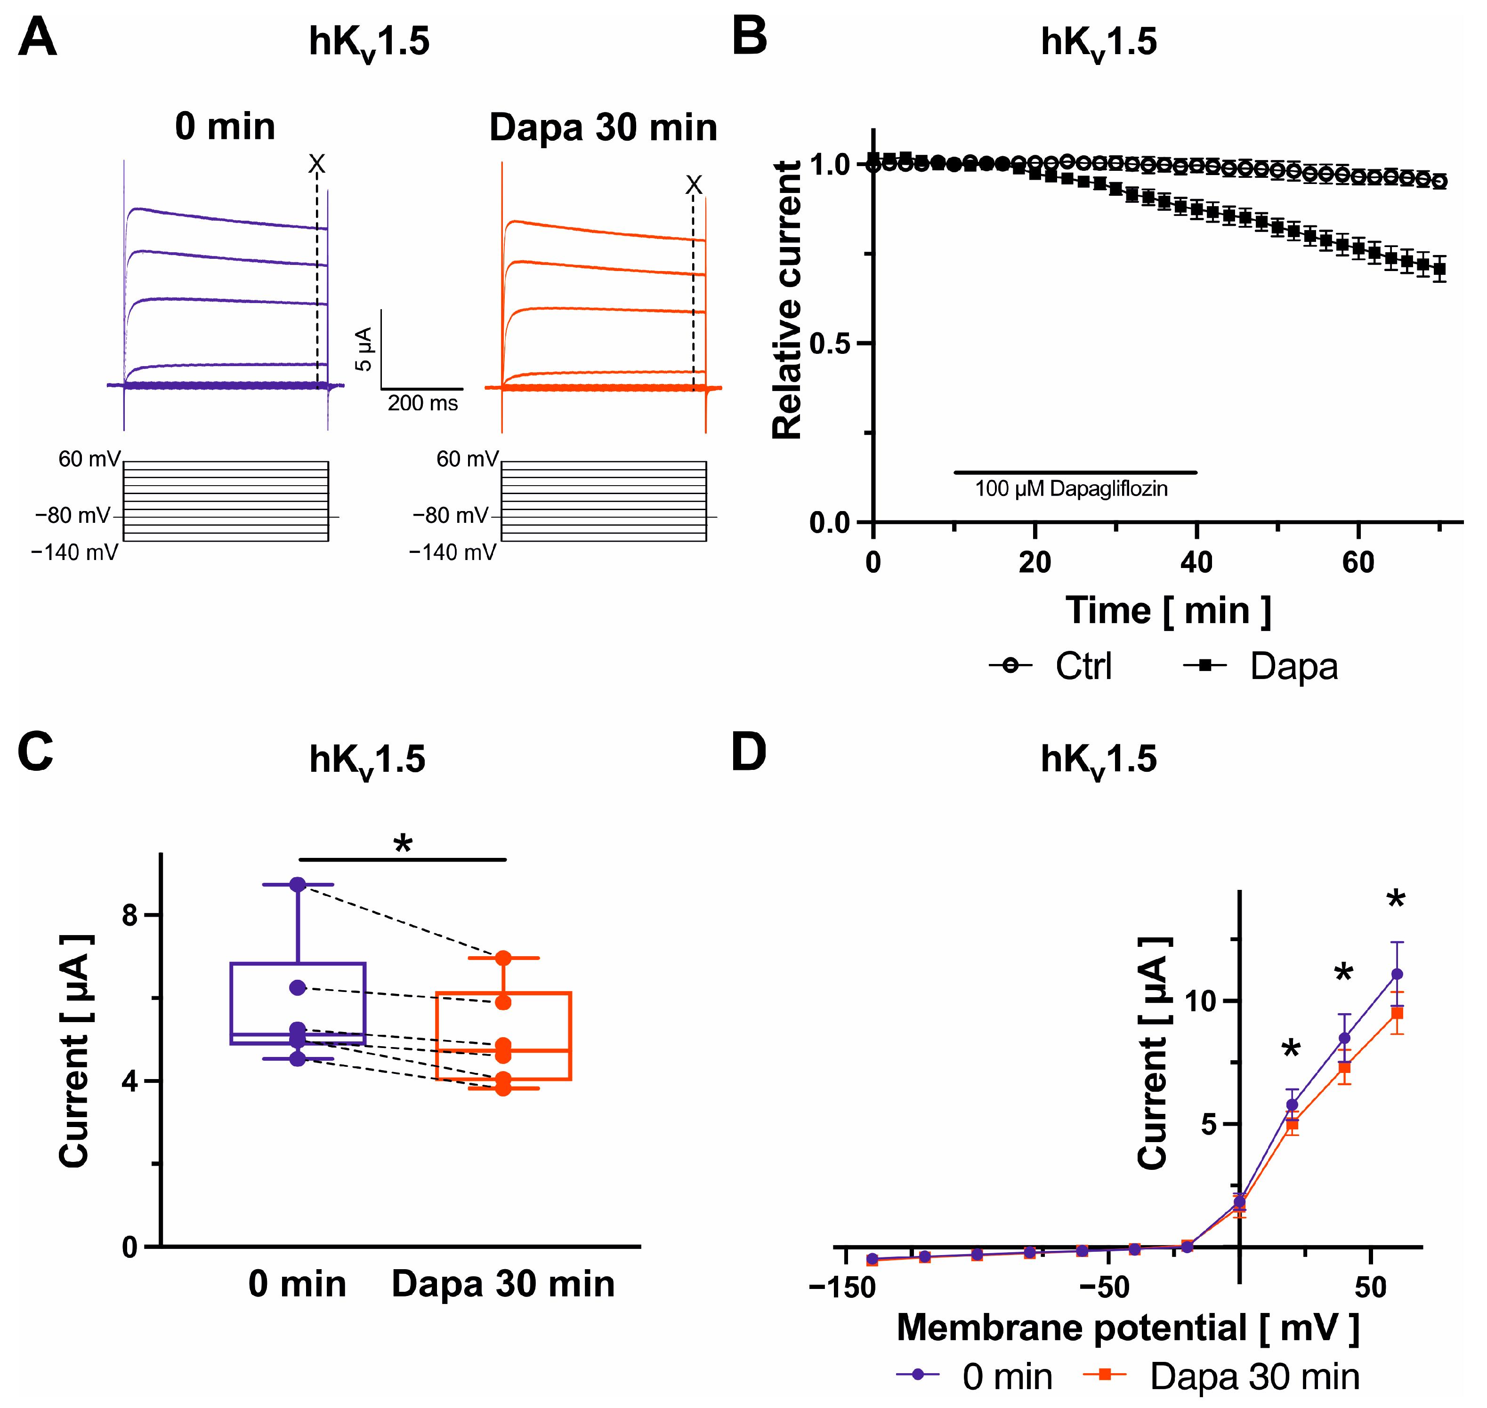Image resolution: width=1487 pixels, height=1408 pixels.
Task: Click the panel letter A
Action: click(x=38, y=39)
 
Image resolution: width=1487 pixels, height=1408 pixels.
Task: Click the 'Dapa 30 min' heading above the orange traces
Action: click(x=603, y=128)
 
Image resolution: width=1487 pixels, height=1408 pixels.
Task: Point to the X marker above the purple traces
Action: click(x=317, y=164)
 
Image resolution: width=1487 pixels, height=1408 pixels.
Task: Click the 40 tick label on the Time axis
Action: click(x=1196, y=562)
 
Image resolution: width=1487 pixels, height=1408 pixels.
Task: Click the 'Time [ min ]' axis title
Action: click(x=1168, y=610)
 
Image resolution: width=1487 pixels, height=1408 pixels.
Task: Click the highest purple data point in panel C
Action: click(x=298, y=885)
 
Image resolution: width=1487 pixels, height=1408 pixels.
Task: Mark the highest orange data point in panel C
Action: click(x=503, y=959)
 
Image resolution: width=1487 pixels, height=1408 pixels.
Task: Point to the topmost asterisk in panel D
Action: click(x=1395, y=899)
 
